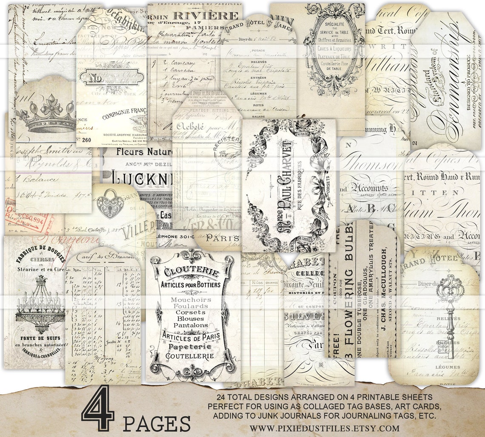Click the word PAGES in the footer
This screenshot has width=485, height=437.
[x=157, y=423]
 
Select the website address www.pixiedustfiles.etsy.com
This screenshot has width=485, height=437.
[x=324, y=428]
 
